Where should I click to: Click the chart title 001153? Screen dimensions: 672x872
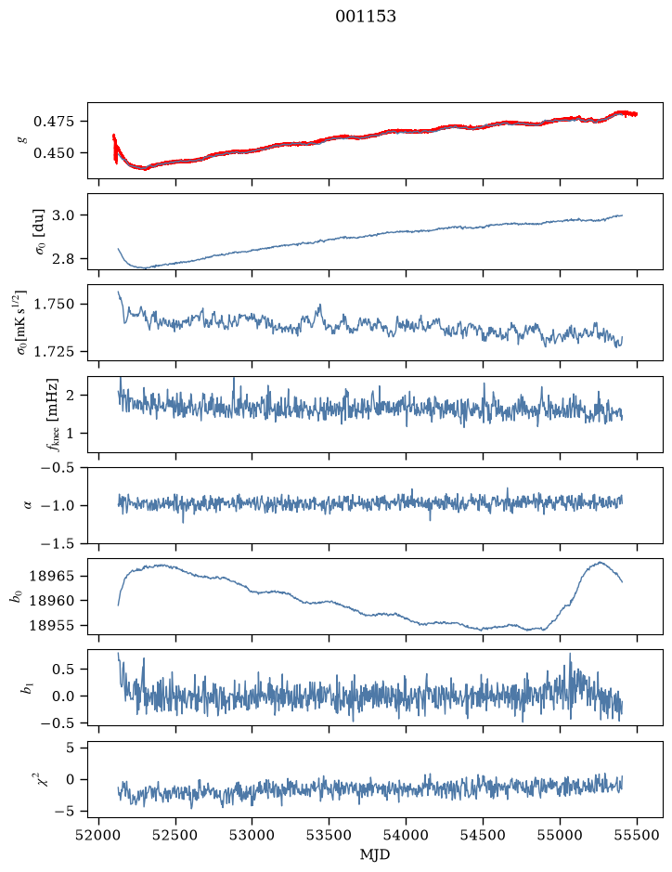tap(365, 17)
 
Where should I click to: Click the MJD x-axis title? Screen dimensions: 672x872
tap(375, 854)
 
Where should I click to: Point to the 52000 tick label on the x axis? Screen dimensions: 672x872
tap(99, 835)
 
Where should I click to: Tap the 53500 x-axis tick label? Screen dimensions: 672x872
tap(330, 835)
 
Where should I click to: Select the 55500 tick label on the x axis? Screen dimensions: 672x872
tap(637, 835)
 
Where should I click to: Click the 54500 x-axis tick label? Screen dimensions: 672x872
tap(483, 835)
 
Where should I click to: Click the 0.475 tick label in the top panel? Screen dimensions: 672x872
tap(53, 122)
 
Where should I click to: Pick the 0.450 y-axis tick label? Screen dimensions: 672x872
tap(53, 153)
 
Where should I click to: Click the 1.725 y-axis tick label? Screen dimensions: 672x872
tap(53, 351)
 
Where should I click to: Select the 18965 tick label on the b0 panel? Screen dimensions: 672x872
tap(51, 576)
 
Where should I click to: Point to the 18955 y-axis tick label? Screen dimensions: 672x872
tap(51, 626)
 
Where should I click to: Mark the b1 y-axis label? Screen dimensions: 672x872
tap(26, 688)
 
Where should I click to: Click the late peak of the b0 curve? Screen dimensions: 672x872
tap(600, 562)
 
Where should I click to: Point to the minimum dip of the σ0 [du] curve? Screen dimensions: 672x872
tap(144, 267)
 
